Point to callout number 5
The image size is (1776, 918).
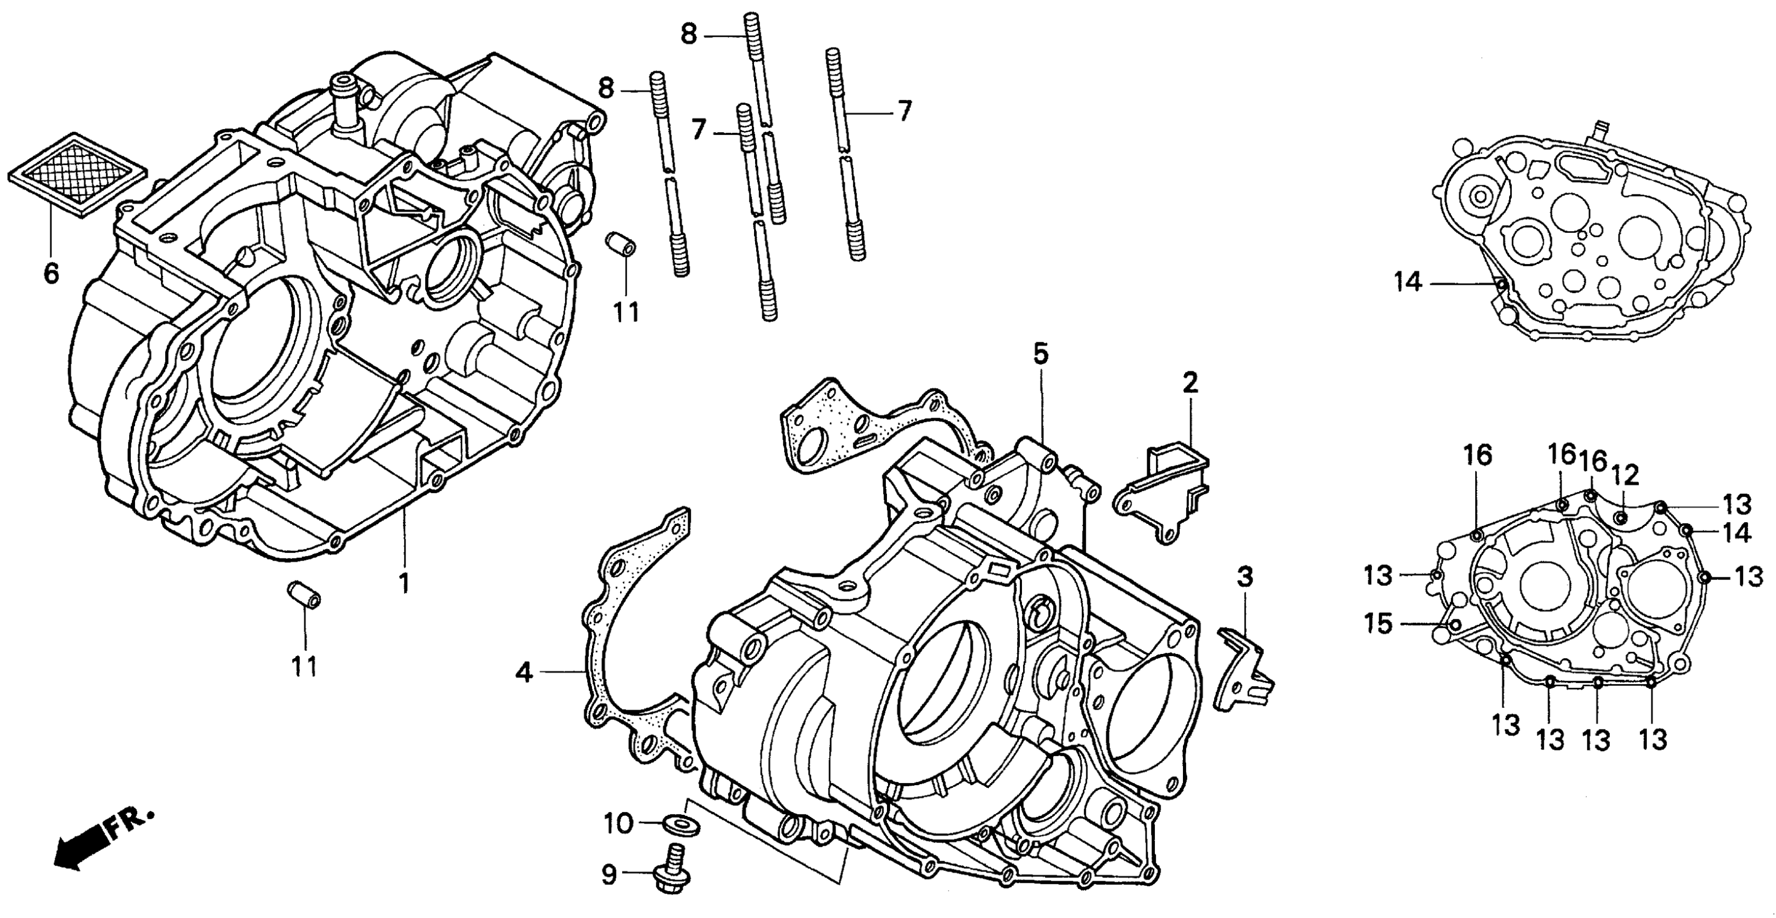(1040, 354)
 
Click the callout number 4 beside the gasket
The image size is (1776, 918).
(524, 672)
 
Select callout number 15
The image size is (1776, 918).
(1378, 624)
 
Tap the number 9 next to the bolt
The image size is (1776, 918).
(609, 875)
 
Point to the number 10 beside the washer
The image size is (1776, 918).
(618, 823)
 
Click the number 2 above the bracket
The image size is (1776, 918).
(1190, 384)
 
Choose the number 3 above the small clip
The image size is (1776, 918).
(1244, 577)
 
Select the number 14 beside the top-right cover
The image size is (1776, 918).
(1407, 282)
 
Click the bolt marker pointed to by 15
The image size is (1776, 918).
(1455, 624)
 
